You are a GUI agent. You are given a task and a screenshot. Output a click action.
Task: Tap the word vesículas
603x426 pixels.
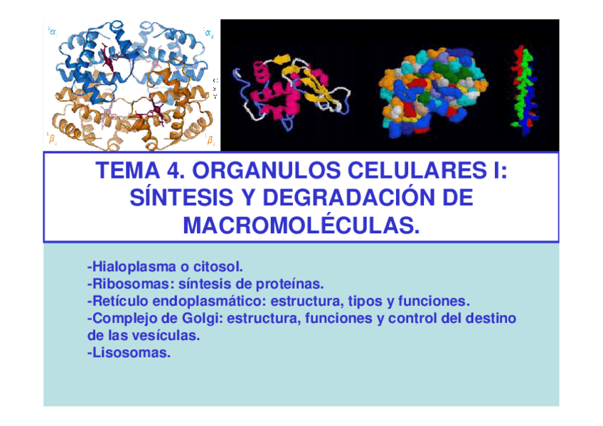pos(166,334)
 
